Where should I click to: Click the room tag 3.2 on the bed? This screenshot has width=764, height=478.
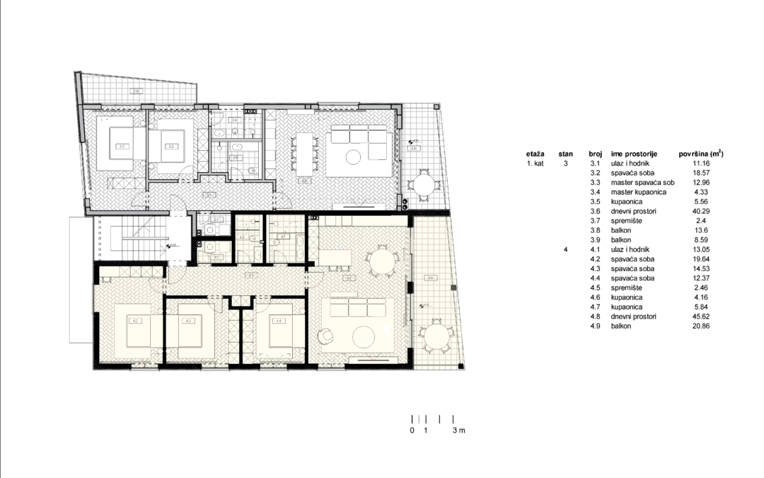[x=122, y=147]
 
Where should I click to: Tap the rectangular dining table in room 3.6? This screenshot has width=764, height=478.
[x=306, y=152]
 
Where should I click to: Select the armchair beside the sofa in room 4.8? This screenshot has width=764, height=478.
[x=326, y=336]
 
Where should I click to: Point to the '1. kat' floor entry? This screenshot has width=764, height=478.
[x=534, y=163]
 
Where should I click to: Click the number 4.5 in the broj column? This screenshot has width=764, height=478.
[x=594, y=288]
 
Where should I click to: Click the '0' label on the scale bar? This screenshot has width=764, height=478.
[x=412, y=431]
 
